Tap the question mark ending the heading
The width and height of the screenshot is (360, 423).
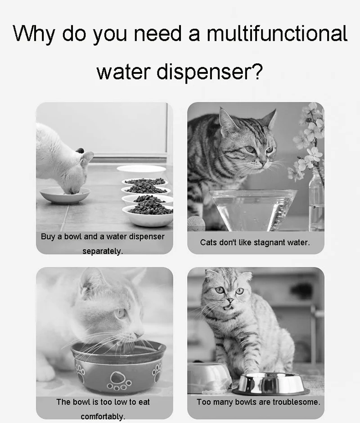[x=257, y=71]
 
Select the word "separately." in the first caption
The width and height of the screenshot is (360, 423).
[x=103, y=251]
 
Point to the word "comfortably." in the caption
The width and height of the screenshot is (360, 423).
[x=103, y=416]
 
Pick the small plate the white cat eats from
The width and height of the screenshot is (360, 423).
[x=64, y=195]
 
